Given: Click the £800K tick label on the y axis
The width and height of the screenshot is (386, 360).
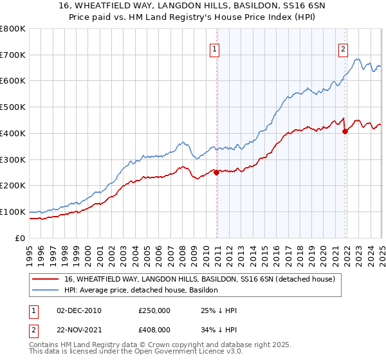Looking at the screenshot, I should [12, 29].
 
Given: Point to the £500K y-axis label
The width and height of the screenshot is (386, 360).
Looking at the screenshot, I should [12, 107].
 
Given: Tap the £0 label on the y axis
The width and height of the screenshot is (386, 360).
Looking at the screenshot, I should [21, 238].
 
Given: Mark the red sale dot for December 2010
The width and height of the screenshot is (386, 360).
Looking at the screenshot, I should [216, 172].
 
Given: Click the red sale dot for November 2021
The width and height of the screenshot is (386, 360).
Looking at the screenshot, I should [345, 130].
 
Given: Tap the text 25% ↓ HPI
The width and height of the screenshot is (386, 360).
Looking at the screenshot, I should [219, 311].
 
